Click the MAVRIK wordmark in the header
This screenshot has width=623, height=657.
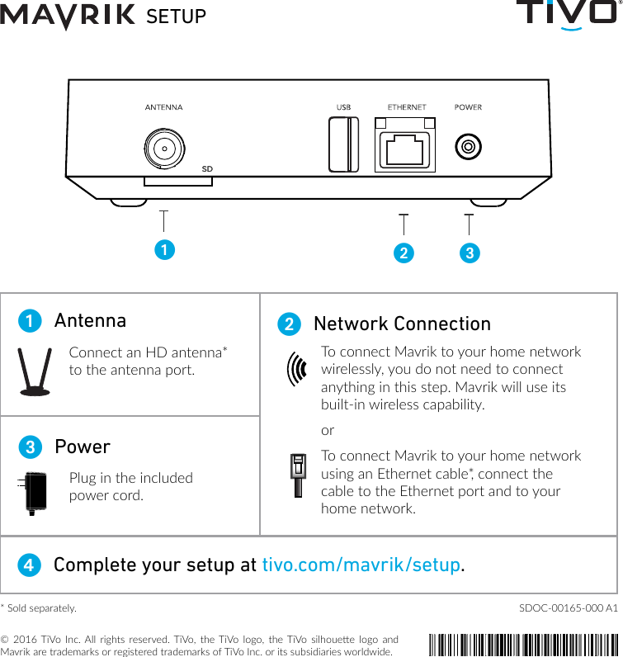(x=68, y=16)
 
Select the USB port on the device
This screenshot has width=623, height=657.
(x=343, y=145)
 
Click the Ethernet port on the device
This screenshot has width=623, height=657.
(x=405, y=146)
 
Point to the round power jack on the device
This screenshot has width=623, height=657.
(x=468, y=147)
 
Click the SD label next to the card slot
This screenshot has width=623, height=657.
(x=207, y=168)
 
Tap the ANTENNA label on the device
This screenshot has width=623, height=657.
(x=163, y=107)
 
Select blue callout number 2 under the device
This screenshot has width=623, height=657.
(x=403, y=253)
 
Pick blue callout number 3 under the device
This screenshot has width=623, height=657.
(x=469, y=253)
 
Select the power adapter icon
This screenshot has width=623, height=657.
(x=34, y=493)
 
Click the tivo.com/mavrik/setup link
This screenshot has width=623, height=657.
(x=361, y=565)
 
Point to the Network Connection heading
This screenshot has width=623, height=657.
(x=402, y=324)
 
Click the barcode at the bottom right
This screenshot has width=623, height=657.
(x=523, y=642)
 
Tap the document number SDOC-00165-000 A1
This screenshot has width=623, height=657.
(x=568, y=608)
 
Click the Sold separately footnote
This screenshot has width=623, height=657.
(x=39, y=608)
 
